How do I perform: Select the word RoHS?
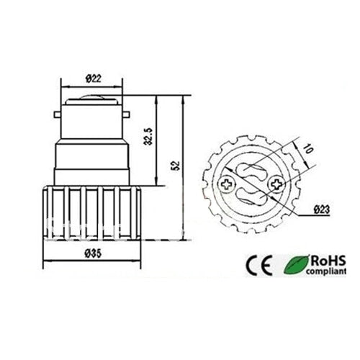coord(325,258)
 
